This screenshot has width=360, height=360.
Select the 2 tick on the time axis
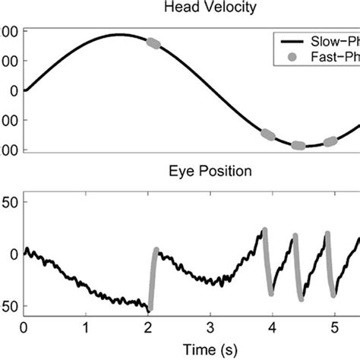click(x=148, y=328)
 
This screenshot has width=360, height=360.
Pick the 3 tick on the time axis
click(x=210, y=328)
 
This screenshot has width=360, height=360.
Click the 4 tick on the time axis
click(x=272, y=328)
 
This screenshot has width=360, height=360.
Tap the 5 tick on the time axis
click(x=334, y=328)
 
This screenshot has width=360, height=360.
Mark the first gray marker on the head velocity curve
click(x=153, y=44)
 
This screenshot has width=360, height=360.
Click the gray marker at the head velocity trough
click(x=298, y=145)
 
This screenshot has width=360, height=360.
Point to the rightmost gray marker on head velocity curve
click(x=330, y=141)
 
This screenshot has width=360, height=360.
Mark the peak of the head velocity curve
click(x=118, y=34)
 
